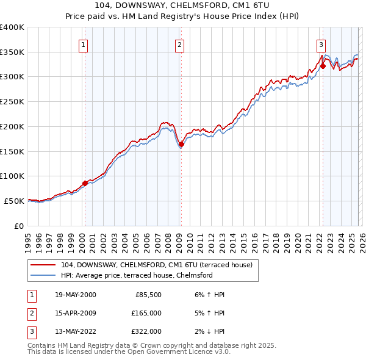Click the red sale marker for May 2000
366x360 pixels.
(x=85, y=182)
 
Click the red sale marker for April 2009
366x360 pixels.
(x=181, y=144)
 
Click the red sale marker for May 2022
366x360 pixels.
(x=323, y=66)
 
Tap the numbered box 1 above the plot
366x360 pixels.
(x=83, y=44)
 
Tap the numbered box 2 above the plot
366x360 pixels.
(x=179, y=44)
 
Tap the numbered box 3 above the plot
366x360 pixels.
(x=321, y=44)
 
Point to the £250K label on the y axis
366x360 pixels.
(x=12, y=102)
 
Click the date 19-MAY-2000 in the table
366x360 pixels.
(x=74, y=295)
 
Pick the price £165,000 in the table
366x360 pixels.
(x=146, y=313)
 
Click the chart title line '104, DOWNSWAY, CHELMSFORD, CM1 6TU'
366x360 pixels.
(x=183, y=6)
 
